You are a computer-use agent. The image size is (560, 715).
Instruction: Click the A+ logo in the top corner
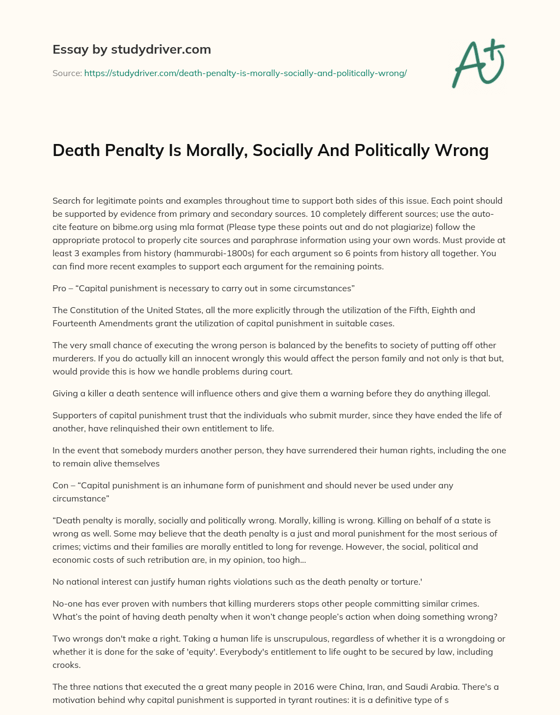pos(478,64)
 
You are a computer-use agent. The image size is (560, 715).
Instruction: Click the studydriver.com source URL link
pos(245,73)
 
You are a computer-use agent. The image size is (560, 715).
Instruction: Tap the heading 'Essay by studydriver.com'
pos(131,49)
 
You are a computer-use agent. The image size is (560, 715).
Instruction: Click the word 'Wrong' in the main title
pos(462,150)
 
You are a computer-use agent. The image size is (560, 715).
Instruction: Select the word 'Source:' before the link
pos(67,73)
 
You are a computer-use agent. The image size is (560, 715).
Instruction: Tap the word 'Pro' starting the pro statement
pos(59,288)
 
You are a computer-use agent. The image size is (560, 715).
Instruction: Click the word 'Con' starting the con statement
pos(60,485)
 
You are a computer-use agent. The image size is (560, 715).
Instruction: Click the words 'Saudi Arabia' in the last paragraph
pos(402,687)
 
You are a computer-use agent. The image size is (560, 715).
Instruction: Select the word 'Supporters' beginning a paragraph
pos(74,415)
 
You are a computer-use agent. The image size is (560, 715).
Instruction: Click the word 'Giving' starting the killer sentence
pos(65,393)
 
